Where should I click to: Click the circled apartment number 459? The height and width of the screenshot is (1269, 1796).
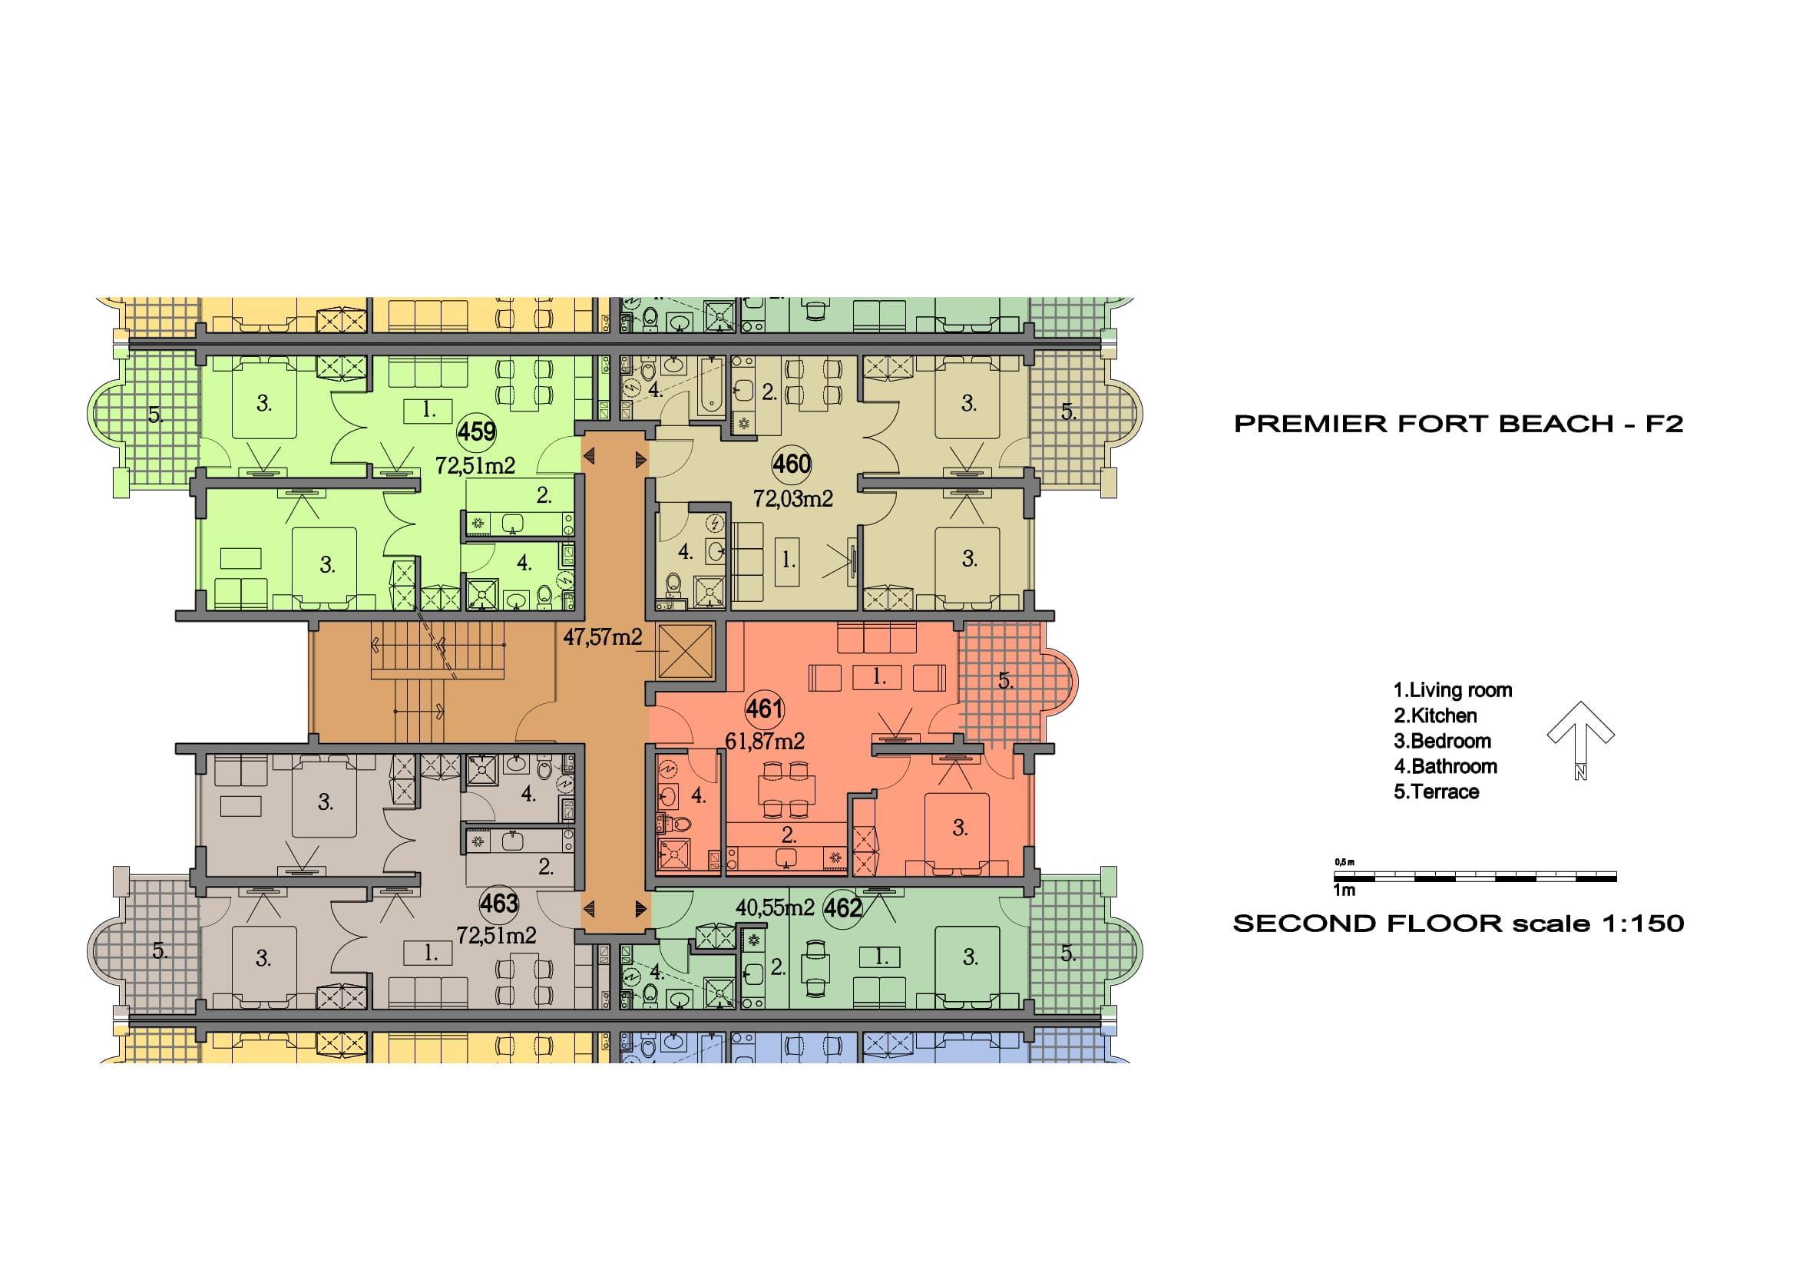[x=476, y=431]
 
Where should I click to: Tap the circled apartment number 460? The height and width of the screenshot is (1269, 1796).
[x=792, y=464]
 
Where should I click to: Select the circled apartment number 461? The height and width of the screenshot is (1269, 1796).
[x=764, y=709]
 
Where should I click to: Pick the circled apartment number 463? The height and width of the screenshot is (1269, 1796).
[x=499, y=904]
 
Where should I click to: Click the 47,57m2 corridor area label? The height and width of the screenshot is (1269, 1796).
[x=602, y=637]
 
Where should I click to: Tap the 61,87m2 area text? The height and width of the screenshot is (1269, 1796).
[x=765, y=741]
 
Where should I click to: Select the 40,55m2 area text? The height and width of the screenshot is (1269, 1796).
[x=776, y=907]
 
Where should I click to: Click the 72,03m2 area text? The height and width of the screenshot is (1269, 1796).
[x=793, y=498]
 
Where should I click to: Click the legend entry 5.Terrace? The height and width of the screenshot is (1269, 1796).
[x=1436, y=792]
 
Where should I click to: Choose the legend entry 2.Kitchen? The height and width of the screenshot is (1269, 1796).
[x=1435, y=715]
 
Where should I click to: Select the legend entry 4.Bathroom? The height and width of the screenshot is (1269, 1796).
[x=1446, y=766]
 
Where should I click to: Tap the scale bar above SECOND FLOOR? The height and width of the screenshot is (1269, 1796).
[x=1475, y=877]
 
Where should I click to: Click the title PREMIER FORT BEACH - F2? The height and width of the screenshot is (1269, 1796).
[x=1459, y=424]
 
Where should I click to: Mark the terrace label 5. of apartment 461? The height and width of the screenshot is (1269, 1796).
[x=1006, y=681]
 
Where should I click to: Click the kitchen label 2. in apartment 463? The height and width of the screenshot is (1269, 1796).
[x=545, y=866]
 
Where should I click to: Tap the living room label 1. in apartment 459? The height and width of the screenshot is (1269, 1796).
[x=428, y=409]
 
